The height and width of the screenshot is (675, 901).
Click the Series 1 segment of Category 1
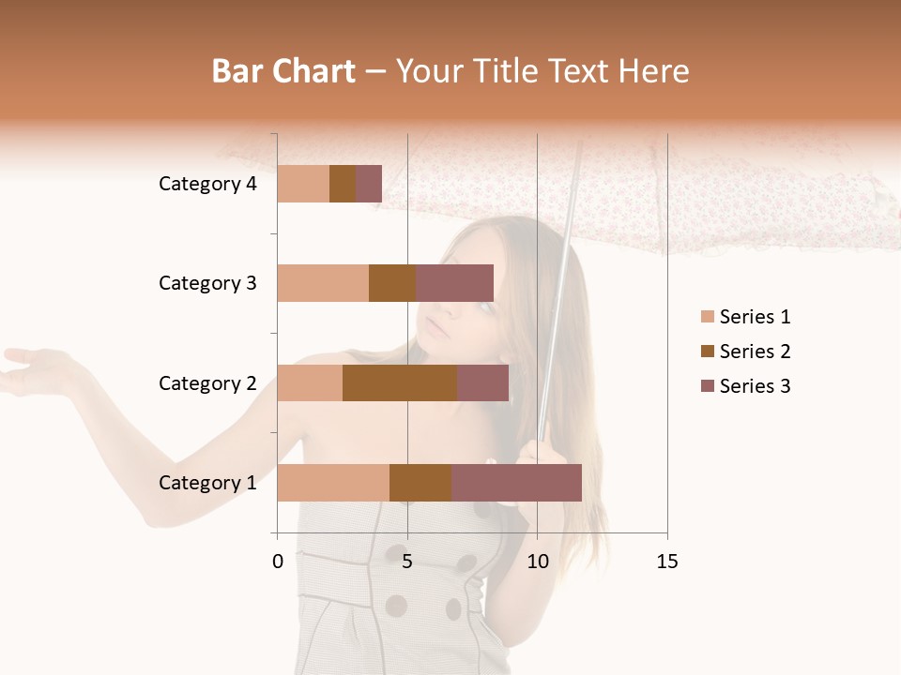point(333,483)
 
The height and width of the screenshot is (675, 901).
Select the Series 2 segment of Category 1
point(420,483)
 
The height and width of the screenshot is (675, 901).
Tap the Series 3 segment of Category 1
point(516,483)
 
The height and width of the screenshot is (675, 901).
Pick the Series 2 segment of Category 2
point(400,383)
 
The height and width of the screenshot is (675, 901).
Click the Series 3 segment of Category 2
point(482,383)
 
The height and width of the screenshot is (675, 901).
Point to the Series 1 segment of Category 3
point(323,283)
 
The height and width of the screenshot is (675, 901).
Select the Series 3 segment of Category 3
point(454,283)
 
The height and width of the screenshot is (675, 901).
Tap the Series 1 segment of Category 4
point(303,184)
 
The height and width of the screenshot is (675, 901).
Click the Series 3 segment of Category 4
point(369,184)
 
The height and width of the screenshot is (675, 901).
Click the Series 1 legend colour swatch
point(707,317)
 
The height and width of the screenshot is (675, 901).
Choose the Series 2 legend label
point(755,352)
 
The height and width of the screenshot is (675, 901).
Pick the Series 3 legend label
point(755,386)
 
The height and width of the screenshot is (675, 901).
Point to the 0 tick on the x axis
point(278,562)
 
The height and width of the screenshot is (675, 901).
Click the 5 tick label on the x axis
point(407,562)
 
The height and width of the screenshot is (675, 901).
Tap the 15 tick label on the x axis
point(666,562)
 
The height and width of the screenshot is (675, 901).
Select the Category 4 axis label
point(207,184)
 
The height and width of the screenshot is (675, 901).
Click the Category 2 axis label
point(207,383)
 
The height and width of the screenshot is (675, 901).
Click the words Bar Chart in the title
point(283,71)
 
